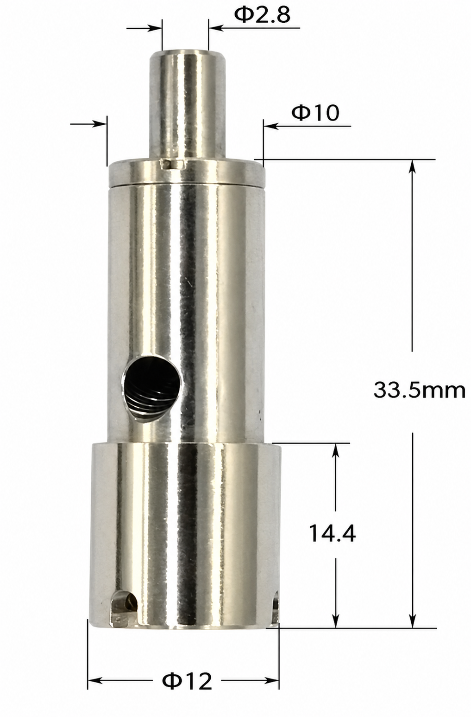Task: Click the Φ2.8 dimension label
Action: pyautogui.click(x=262, y=15)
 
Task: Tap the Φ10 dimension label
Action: pyautogui.click(x=315, y=113)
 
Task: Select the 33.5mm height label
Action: pyautogui.click(x=420, y=390)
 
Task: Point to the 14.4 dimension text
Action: pyautogui.click(x=333, y=533)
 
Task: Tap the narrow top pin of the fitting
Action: pyautogui.click(x=188, y=104)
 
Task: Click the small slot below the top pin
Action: pyautogui.click(x=172, y=164)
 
